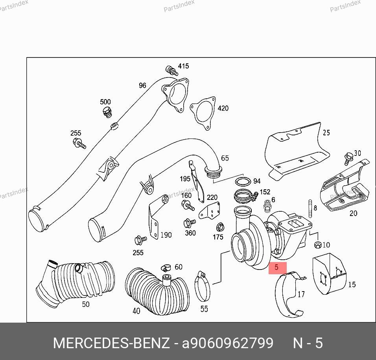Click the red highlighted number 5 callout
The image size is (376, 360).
click(x=277, y=268)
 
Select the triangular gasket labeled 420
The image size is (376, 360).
click(x=203, y=113)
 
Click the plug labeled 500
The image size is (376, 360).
click(x=107, y=112)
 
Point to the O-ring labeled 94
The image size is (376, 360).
click(x=243, y=181)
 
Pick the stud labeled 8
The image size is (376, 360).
click(x=310, y=209)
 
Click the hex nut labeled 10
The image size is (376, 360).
click(x=317, y=245)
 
